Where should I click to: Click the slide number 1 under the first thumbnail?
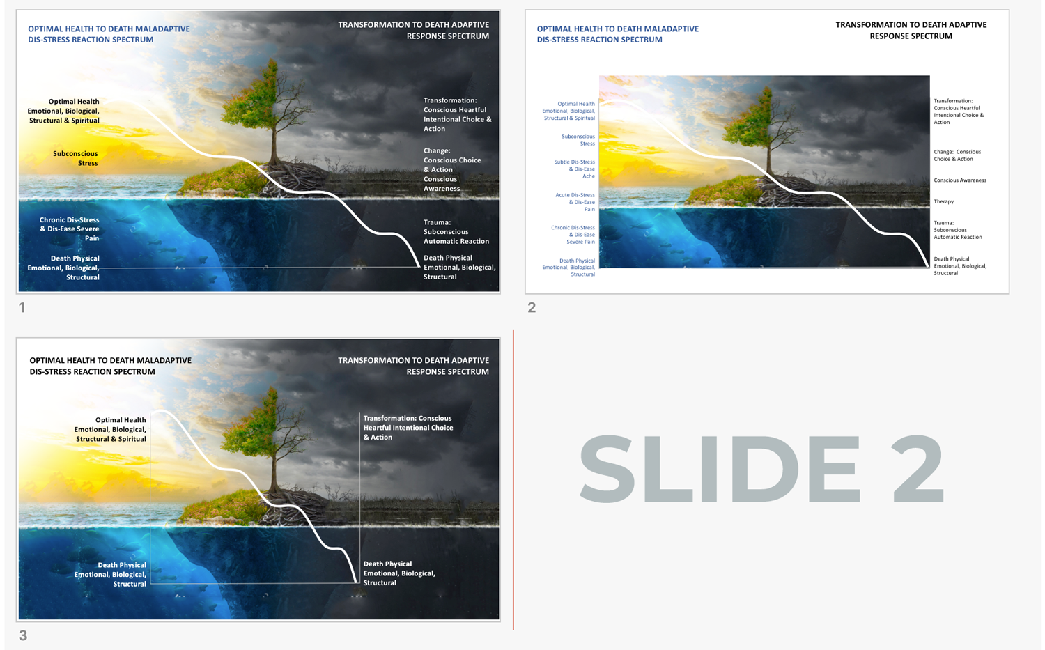point(22,307)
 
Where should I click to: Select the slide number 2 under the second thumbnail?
point(532,307)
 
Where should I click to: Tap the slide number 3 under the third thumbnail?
point(23,635)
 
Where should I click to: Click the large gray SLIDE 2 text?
point(761,469)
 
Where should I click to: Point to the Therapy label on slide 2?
point(944,201)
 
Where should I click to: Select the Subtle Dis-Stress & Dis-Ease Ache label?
point(575,169)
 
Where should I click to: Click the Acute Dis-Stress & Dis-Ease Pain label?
point(576,202)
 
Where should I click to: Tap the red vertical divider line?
point(513,481)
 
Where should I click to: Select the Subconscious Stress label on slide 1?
point(76,158)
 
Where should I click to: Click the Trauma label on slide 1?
point(456,232)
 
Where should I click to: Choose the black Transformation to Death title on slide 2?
point(911,30)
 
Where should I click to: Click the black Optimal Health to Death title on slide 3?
point(110,366)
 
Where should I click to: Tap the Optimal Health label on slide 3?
point(111,429)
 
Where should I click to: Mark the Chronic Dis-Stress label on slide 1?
point(70,229)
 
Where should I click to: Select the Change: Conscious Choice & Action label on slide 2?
point(957,155)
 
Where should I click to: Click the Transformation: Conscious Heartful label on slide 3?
point(408,428)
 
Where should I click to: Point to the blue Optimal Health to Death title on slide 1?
point(109,34)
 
